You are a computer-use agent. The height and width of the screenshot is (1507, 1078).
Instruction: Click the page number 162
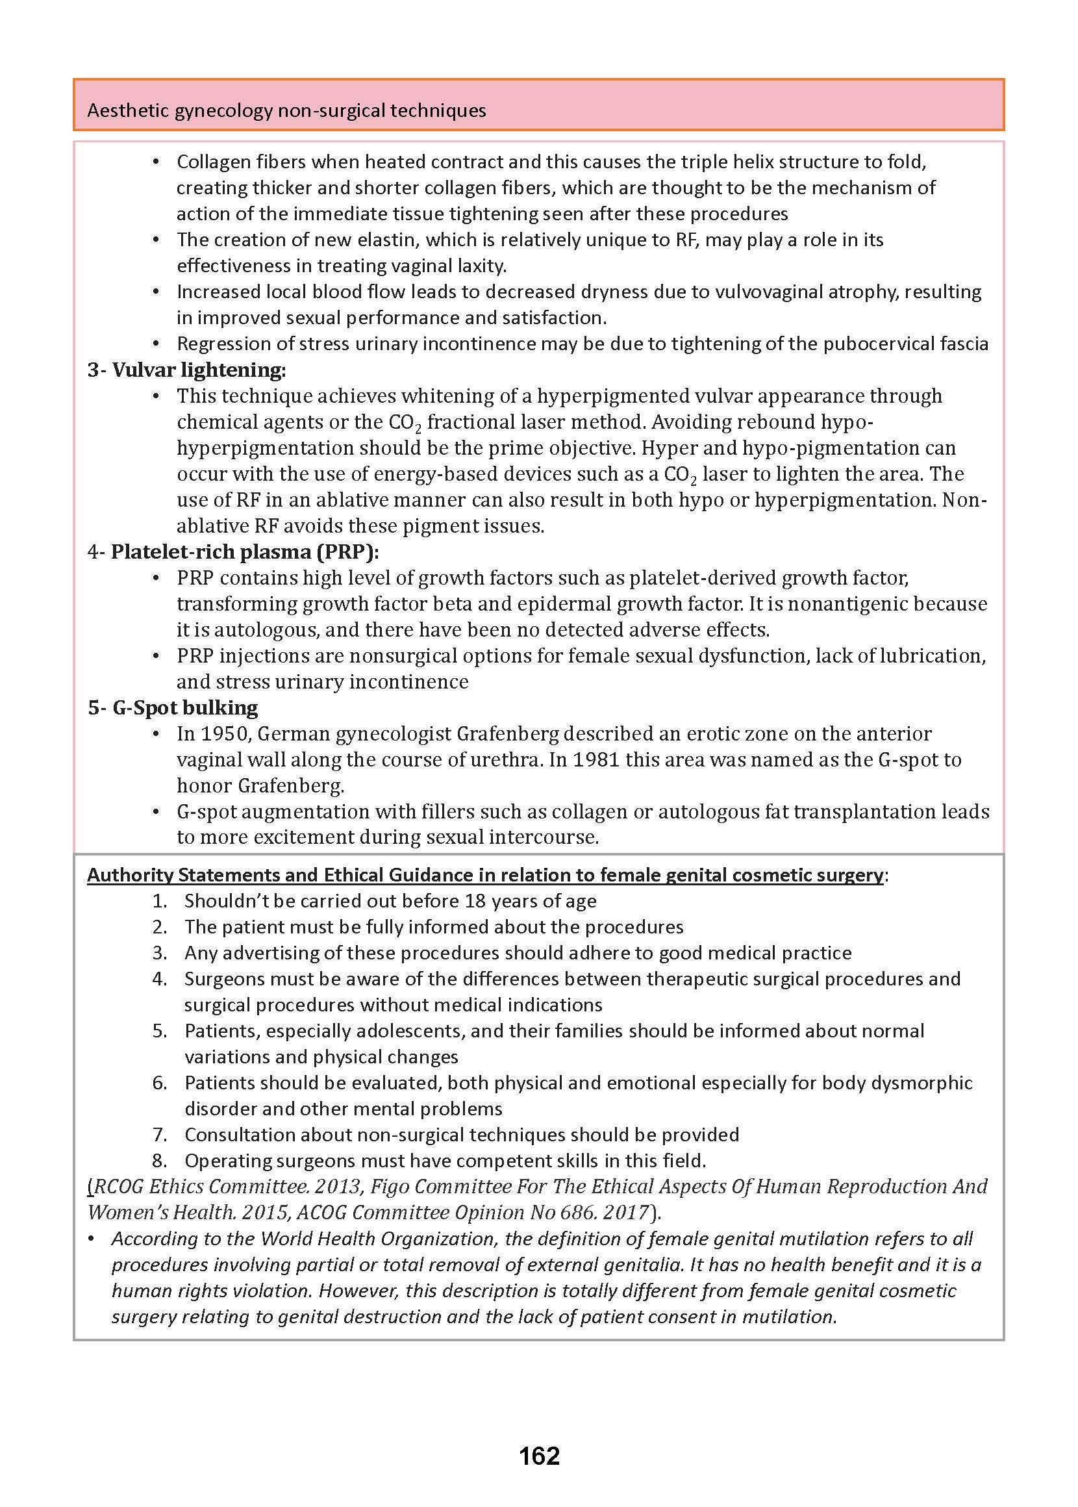pyautogui.click(x=539, y=1456)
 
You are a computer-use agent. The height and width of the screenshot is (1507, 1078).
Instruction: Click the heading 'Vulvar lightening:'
pyautogui.click(x=199, y=370)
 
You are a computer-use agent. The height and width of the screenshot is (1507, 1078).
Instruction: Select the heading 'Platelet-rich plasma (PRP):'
pyautogui.click(x=244, y=551)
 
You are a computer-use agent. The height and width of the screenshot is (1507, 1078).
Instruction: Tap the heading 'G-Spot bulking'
pyautogui.click(x=185, y=707)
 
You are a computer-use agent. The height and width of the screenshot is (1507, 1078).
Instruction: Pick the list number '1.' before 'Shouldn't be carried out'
pyautogui.click(x=159, y=901)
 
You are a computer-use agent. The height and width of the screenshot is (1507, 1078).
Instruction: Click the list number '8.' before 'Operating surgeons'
pyautogui.click(x=159, y=1161)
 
